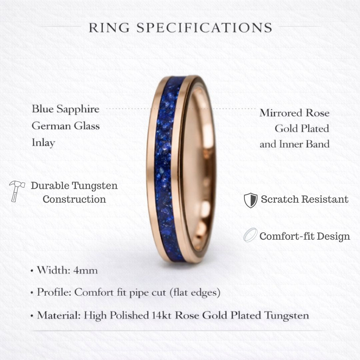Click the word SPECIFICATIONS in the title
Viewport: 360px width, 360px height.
click(x=205, y=28)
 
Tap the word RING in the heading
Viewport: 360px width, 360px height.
click(x=109, y=28)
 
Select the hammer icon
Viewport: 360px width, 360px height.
click(x=16, y=190)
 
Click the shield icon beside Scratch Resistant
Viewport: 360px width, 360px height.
click(x=250, y=200)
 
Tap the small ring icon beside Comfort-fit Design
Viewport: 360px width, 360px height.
click(x=250, y=235)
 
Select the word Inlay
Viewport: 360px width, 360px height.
click(x=43, y=143)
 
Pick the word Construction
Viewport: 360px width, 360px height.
click(x=74, y=199)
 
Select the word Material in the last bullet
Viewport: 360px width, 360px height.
click(x=58, y=315)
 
